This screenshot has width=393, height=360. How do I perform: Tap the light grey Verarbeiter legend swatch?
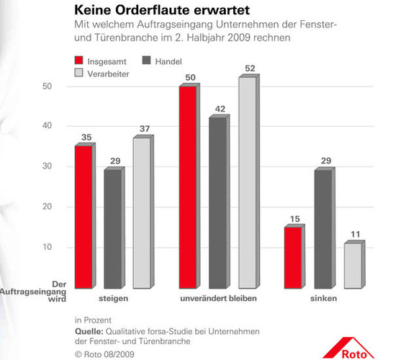[x=80, y=73]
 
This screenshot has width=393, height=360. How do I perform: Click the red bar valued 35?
[x=83, y=216]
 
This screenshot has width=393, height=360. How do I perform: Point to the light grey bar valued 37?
[x=142, y=212]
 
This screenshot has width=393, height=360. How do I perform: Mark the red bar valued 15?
[x=292, y=256]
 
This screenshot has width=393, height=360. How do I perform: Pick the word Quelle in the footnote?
[x=89, y=330]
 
